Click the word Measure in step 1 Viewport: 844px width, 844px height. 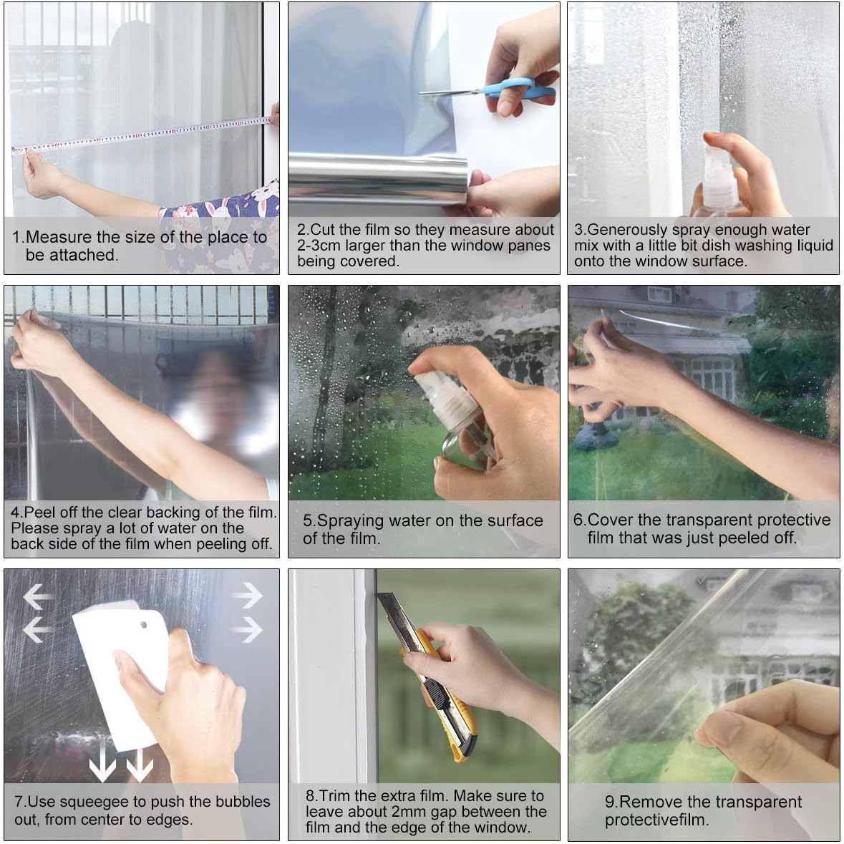[59, 237]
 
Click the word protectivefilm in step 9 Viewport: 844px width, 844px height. [656, 820]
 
